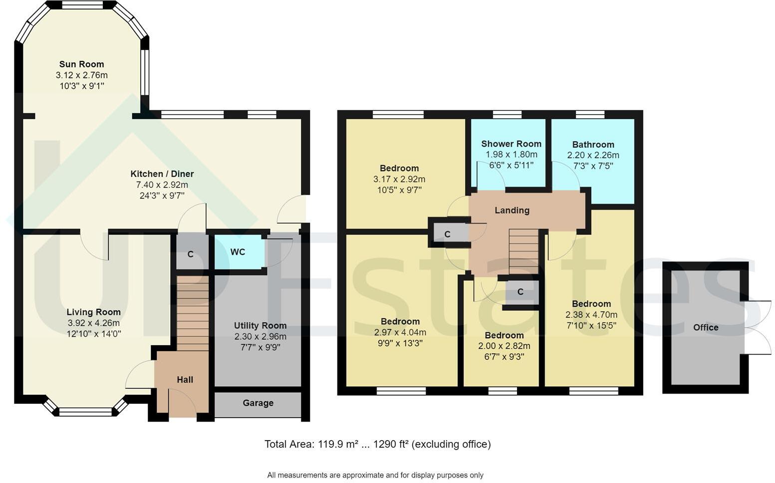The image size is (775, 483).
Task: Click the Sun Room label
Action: (81, 64)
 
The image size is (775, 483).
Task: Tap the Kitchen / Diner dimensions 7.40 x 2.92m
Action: (162, 185)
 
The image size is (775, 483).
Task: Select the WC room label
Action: (238, 252)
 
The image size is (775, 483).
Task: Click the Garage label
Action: (258, 403)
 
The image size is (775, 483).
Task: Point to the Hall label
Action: (185, 380)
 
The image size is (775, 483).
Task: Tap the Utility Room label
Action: (260, 326)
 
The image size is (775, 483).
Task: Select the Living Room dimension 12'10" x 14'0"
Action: (94, 334)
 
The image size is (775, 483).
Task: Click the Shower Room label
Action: (511, 144)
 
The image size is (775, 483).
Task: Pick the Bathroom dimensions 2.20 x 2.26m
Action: (593, 155)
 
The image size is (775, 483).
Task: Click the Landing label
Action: (512, 211)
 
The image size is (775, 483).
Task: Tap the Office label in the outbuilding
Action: (706, 328)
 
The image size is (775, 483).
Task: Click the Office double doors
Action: (758, 327)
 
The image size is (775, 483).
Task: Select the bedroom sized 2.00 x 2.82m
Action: (504, 346)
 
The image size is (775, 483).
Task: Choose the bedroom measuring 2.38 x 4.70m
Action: (591, 315)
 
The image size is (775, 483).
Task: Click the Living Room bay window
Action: (85, 412)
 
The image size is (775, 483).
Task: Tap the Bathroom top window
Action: (590, 115)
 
